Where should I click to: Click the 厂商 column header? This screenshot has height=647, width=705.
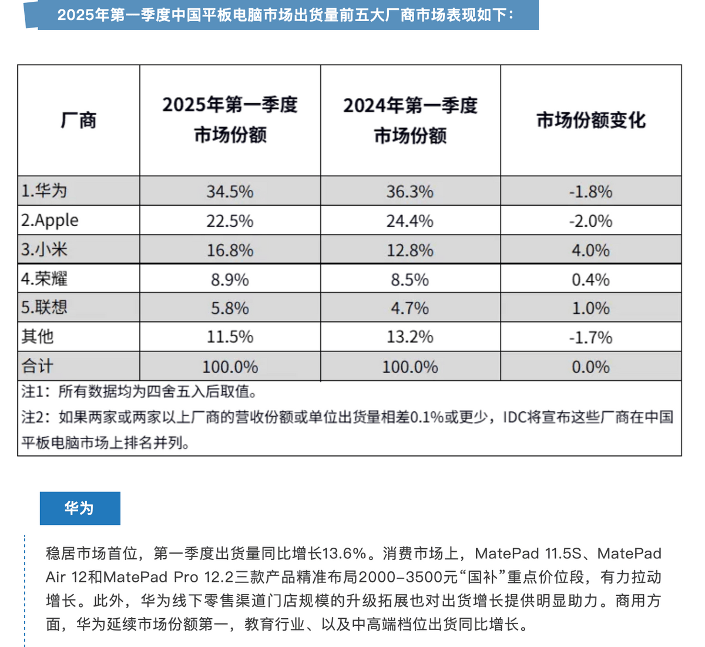pyautogui.click(x=79, y=120)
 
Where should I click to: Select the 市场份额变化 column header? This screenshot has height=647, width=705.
pyautogui.click(x=590, y=120)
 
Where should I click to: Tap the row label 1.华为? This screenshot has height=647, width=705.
pyautogui.click(x=44, y=191)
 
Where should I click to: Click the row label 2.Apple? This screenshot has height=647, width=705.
pyautogui.click(x=50, y=220)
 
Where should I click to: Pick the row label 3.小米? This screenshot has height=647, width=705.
pyautogui.click(x=44, y=250)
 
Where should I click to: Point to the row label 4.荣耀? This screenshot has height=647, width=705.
pyautogui.click(x=44, y=279)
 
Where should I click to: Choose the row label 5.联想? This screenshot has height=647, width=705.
pyautogui.click(x=44, y=307)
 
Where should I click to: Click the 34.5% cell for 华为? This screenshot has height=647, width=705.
pyautogui.click(x=230, y=192)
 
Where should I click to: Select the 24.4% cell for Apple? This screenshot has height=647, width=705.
pyautogui.click(x=409, y=221)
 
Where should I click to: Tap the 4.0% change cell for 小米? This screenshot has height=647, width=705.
pyautogui.click(x=590, y=250)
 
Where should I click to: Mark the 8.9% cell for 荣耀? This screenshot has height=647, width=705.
pyautogui.click(x=230, y=279)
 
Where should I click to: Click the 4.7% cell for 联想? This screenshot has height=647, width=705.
pyautogui.click(x=409, y=308)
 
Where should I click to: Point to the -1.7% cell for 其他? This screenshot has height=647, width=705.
pyautogui.click(x=590, y=337)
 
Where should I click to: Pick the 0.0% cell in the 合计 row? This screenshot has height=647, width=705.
pyautogui.click(x=590, y=367)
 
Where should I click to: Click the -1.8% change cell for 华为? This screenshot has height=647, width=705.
pyautogui.click(x=590, y=192)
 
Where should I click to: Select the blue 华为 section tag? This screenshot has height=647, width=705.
pyautogui.click(x=80, y=508)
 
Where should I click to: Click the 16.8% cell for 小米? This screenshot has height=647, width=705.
pyautogui.click(x=230, y=250)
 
